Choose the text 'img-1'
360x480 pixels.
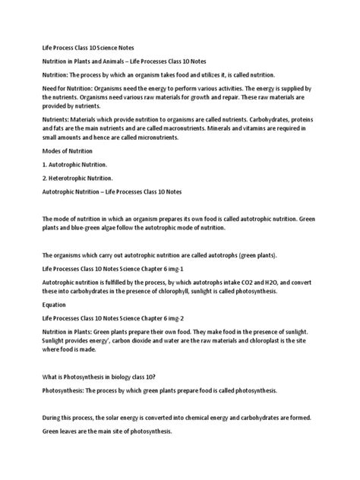196,268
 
